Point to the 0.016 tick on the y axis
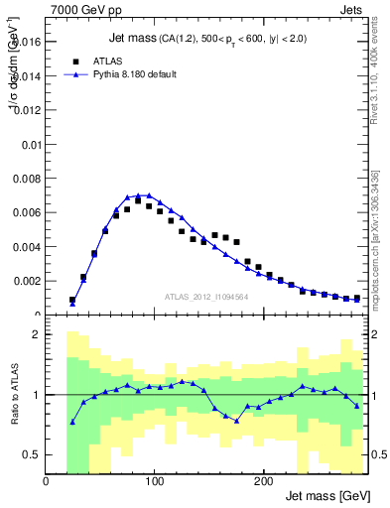click(27, 42)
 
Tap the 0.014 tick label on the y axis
click(27, 75)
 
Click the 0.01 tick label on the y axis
click(31, 144)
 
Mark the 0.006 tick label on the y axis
click(27, 212)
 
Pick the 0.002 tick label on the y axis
click(27, 281)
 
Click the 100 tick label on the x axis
click(154, 481)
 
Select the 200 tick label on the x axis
click(262, 481)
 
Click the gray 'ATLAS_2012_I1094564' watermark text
click(205, 296)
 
